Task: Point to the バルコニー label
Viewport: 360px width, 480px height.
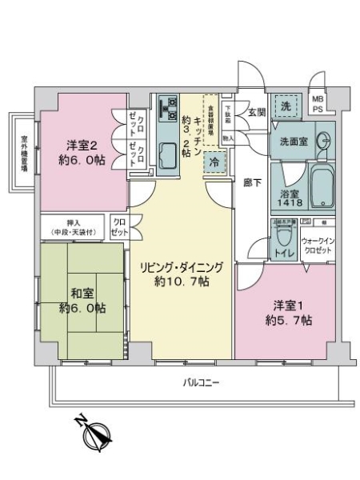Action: (x=200, y=382)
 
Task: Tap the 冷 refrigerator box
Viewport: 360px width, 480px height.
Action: (x=214, y=161)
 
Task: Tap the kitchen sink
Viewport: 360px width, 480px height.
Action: (x=169, y=154)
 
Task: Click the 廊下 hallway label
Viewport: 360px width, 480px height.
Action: (x=250, y=182)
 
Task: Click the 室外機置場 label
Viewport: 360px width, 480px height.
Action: (x=25, y=152)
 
